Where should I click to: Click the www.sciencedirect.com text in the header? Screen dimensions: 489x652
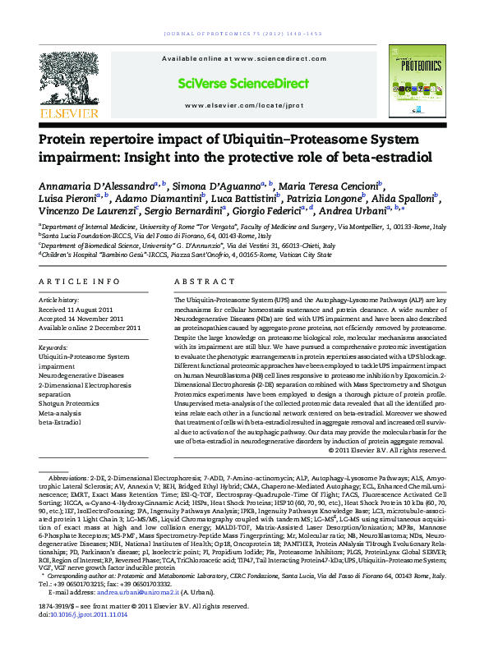coord(244,59)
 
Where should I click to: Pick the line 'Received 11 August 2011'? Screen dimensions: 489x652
coord(84,311)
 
